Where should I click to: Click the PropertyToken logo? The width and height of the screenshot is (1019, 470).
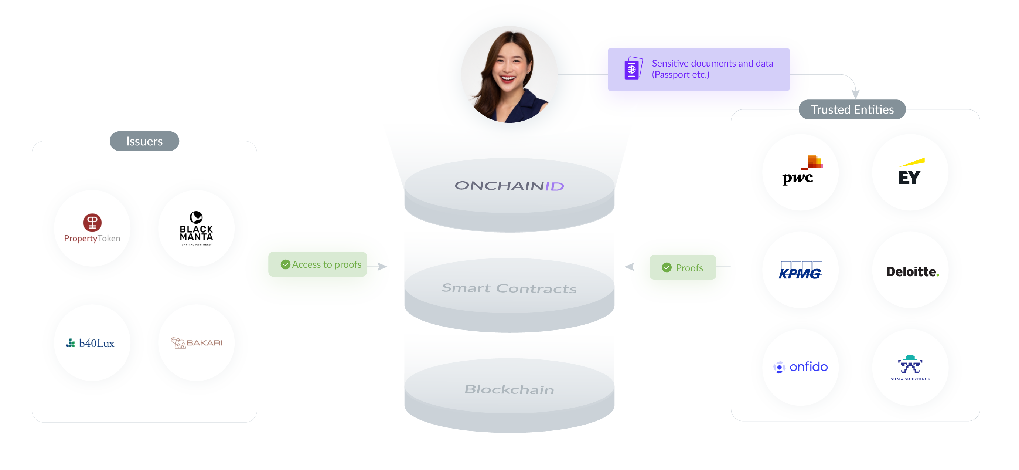click(x=92, y=228)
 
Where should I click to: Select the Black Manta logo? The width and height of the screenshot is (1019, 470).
click(x=196, y=228)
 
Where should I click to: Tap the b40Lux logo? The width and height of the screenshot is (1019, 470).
click(x=90, y=343)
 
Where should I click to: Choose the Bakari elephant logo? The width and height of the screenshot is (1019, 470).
click(x=196, y=342)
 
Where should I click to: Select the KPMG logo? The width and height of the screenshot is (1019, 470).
click(x=800, y=270)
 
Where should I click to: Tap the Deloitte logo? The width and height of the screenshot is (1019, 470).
click(x=913, y=272)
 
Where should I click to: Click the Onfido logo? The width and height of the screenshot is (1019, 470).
click(x=800, y=367)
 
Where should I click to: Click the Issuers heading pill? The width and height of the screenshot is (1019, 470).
click(x=144, y=141)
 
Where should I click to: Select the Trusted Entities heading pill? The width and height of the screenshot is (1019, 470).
click(x=852, y=109)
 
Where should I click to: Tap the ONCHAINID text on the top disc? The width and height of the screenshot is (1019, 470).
click(x=509, y=185)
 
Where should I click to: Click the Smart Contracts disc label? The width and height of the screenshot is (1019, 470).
click(x=509, y=288)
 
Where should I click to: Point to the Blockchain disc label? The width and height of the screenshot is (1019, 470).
click(x=509, y=389)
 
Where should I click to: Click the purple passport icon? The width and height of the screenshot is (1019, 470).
click(x=633, y=68)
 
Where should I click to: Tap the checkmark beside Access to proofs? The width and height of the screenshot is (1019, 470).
click(x=285, y=264)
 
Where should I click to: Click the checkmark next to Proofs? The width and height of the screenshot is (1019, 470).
click(x=667, y=267)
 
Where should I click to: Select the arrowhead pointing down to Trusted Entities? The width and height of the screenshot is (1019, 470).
click(x=855, y=94)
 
